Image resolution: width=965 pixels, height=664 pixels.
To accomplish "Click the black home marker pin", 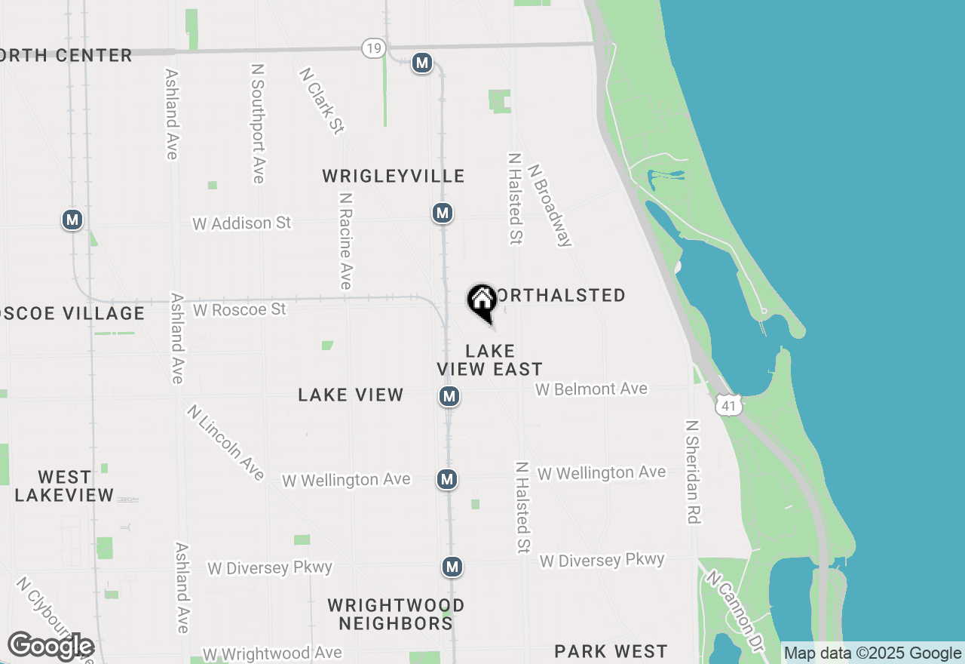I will click(x=482, y=302).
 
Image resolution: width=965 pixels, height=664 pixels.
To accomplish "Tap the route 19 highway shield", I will click(x=373, y=48).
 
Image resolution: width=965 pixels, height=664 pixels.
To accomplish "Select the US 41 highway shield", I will click(x=728, y=406).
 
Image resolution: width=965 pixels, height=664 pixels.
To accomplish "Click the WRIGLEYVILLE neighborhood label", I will click(x=393, y=176).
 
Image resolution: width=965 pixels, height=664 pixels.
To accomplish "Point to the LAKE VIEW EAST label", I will click(x=490, y=360).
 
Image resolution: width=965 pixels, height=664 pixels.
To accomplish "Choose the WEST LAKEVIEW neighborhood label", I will click(x=64, y=486).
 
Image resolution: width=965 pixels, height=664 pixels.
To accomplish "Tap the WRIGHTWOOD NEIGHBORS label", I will click(x=395, y=614).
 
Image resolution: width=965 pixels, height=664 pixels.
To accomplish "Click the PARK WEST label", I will click(x=611, y=651).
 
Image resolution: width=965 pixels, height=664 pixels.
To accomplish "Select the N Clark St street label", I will click(x=321, y=100).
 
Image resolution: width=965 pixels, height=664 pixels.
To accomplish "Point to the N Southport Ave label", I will click(x=258, y=123).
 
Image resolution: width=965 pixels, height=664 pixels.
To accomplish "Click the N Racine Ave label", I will click(x=345, y=241).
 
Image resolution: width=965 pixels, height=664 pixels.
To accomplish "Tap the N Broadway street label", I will click(x=550, y=205).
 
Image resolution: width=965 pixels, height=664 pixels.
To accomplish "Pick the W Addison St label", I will click(x=241, y=223).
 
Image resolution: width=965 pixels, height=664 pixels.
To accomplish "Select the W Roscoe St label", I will click(x=239, y=309).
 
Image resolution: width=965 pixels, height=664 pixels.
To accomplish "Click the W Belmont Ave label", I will click(x=591, y=389).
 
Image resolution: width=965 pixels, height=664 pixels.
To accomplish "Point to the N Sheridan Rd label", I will click(x=692, y=472).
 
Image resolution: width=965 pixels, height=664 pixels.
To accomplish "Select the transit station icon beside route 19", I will click(x=422, y=63).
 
